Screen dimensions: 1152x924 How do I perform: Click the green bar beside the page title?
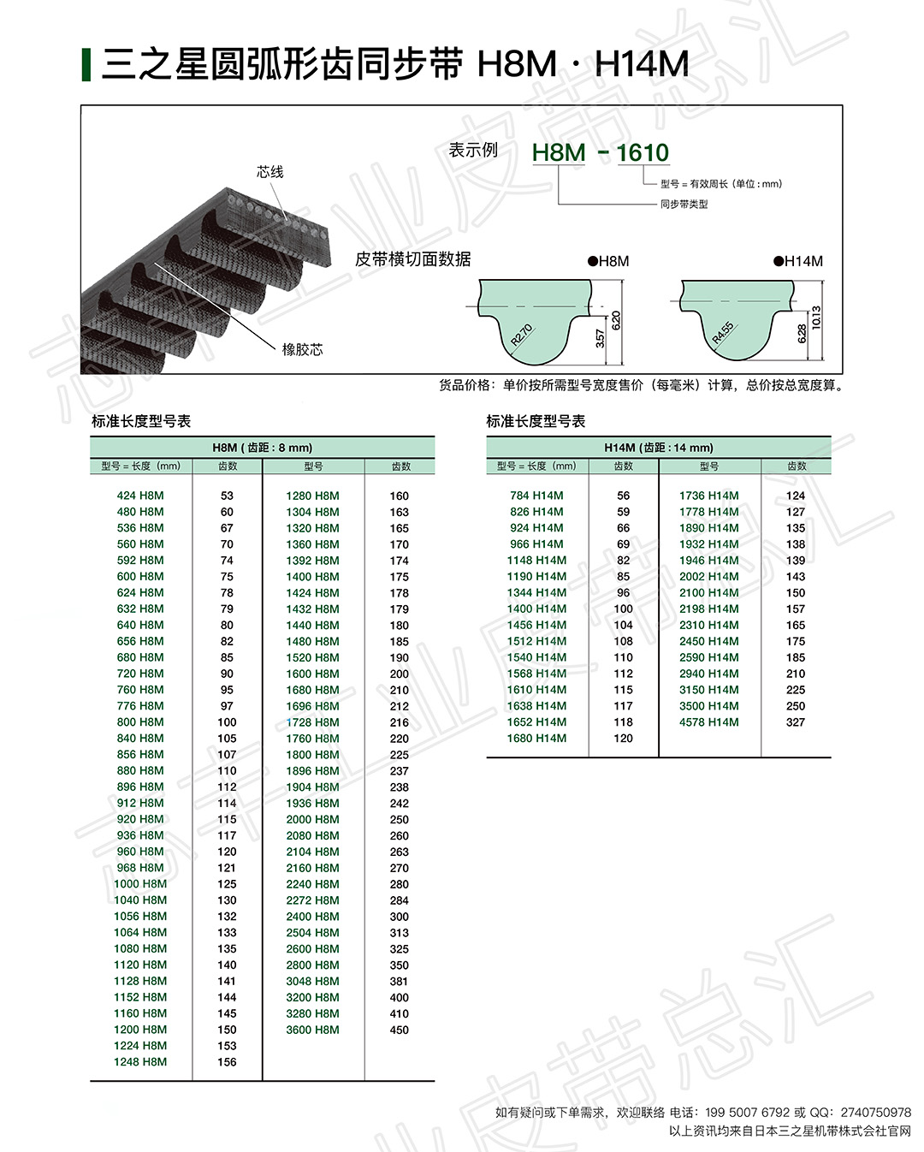[86, 65]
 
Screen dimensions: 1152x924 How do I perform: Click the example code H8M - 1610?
[600, 153]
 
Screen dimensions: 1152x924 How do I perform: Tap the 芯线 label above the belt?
[269, 172]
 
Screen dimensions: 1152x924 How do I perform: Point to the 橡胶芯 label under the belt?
[302, 349]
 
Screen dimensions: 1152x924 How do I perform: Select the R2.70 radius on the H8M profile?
[521, 335]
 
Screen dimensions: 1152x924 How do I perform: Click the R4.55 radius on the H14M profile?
[723, 333]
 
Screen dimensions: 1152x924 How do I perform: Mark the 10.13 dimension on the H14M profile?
[816, 318]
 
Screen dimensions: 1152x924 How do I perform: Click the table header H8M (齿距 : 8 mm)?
[262, 448]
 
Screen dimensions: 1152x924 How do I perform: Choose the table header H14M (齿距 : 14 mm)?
[658, 448]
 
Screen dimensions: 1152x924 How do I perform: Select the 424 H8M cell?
[140, 496]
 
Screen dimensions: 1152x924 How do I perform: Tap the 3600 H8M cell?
[312, 1030]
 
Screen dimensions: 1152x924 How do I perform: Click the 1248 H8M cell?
[140, 1062]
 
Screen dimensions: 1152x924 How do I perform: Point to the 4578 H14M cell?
[708, 722]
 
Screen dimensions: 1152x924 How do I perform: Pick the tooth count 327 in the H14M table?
[796, 722]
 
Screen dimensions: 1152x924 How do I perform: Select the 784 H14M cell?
[536, 496]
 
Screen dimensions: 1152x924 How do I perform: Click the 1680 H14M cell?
[536, 739]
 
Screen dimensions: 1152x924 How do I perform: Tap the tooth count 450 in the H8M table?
[400, 1030]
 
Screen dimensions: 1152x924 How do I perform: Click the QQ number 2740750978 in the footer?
[875, 1113]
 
